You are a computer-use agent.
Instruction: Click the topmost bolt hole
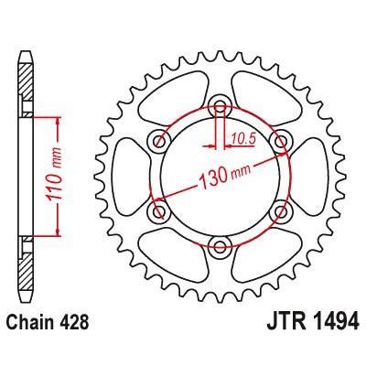coord(220,104)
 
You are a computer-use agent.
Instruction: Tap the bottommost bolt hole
coord(220,245)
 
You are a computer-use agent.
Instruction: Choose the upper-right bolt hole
coord(280,139)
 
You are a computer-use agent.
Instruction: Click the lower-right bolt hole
coord(280,210)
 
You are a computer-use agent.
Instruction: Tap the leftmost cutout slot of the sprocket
coord(128,175)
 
